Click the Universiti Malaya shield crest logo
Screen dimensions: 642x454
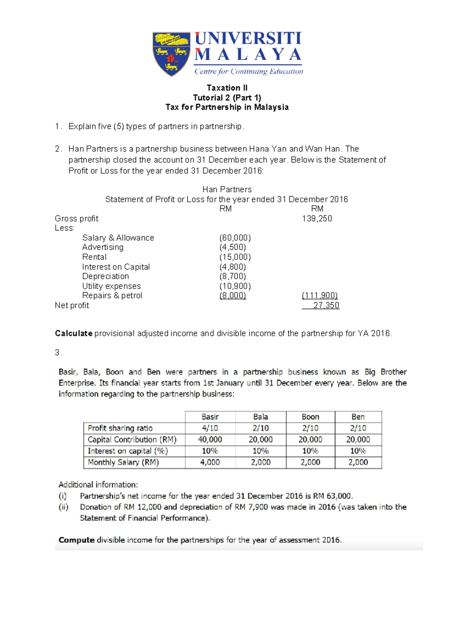coord(171,53)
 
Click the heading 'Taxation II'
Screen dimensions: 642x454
coord(227,88)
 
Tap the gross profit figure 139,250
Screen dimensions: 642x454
coord(317,218)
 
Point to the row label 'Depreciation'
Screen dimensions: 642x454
coord(105,276)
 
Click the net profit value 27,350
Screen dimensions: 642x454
coord(326,305)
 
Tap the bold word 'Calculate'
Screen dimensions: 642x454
coord(73,333)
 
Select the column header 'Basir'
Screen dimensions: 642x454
coord(210,417)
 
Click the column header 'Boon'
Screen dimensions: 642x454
coord(310,417)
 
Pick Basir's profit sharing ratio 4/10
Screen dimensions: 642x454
coord(210,428)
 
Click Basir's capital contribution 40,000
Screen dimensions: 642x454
coord(210,439)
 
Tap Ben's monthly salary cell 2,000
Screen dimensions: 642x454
coord(358,462)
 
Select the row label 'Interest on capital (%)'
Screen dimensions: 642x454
coord(127,451)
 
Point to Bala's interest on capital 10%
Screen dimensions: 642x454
coord(260,451)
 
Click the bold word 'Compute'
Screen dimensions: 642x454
coord(76,540)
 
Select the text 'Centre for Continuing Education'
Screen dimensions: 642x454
coord(249,71)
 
